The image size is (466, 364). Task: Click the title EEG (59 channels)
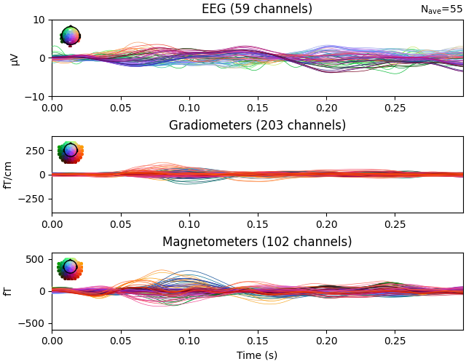[x=257, y=9]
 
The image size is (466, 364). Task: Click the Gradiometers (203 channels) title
[x=257, y=125]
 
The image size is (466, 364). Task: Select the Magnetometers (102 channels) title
[x=257, y=242]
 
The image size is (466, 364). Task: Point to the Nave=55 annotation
[x=441, y=9]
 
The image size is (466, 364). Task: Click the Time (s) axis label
[x=257, y=355]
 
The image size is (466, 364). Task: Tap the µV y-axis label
[x=15, y=58]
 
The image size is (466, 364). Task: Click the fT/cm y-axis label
[x=9, y=175]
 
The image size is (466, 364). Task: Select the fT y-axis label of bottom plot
[x=9, y=291]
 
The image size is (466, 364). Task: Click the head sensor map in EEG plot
[x=70, y=36]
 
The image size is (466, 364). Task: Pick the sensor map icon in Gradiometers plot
[x=70, y=151]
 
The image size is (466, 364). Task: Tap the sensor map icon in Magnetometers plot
[x=70, y=268]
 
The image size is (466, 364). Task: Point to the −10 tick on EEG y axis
[x=35, y=97]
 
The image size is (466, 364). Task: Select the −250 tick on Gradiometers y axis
[x=33, y=199]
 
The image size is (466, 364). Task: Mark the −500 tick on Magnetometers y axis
[x=33, y=323]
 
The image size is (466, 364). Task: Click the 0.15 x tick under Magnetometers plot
[x=258, y=340]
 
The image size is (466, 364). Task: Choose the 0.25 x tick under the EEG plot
[x=395, y=107]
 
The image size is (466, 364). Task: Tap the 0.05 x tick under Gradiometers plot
[x=120, y=223]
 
